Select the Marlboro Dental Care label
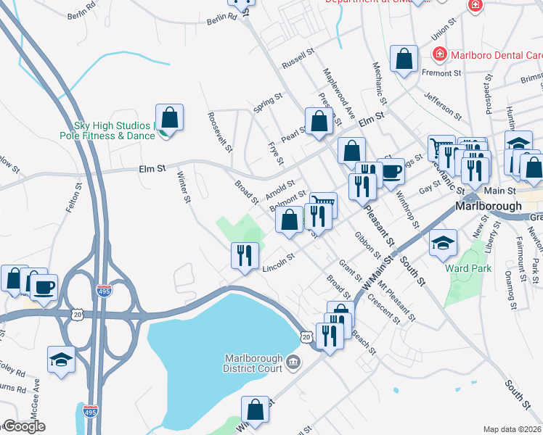(485, 54)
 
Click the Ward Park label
(468, 268)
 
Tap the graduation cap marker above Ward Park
(442, 244)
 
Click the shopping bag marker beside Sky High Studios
(169, 118)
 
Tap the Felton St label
(70, 197)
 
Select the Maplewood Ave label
(340, 93)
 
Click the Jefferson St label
(444, 104)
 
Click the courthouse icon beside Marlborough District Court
(292, 362)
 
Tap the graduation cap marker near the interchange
(62, 360)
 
